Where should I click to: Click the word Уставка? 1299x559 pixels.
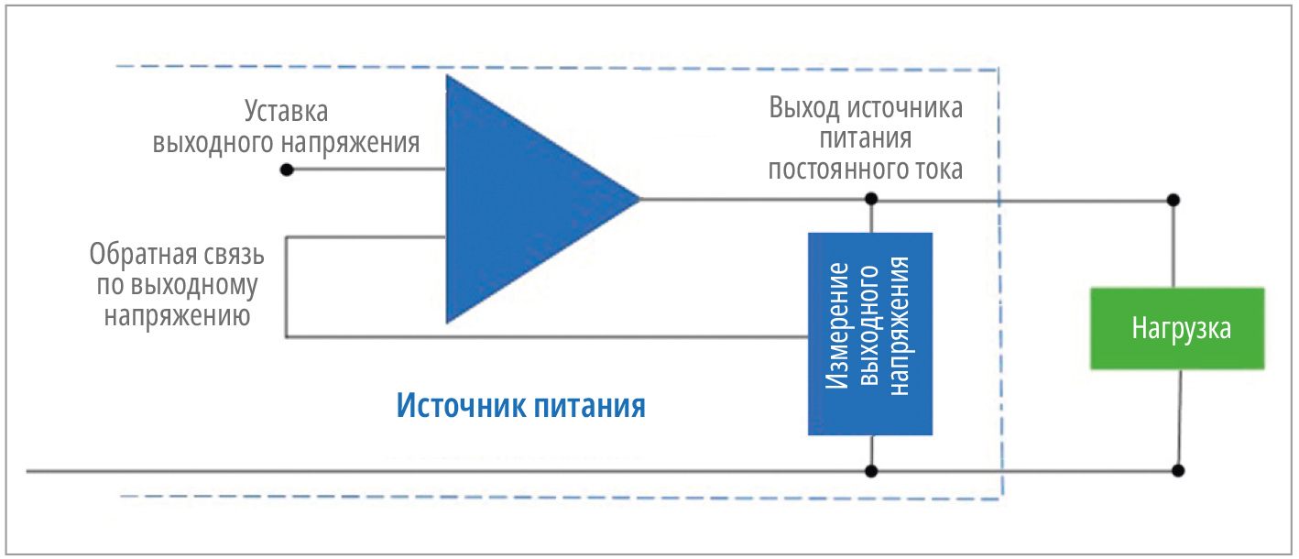[x=286, y=112]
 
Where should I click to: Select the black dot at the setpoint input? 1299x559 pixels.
[x=287, y=170]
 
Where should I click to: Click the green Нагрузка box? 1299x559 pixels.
[x=1177, y=329]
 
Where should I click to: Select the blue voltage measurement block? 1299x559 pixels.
[x=869, y=334]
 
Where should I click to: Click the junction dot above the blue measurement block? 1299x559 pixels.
[x=870, y=199]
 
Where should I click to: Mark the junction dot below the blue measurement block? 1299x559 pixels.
[x=870, y=471]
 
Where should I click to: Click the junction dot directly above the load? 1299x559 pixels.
[x=1173, y=199]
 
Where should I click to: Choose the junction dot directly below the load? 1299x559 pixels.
[x=1178, y=471]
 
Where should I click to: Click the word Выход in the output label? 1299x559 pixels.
[x=803, y=109]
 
